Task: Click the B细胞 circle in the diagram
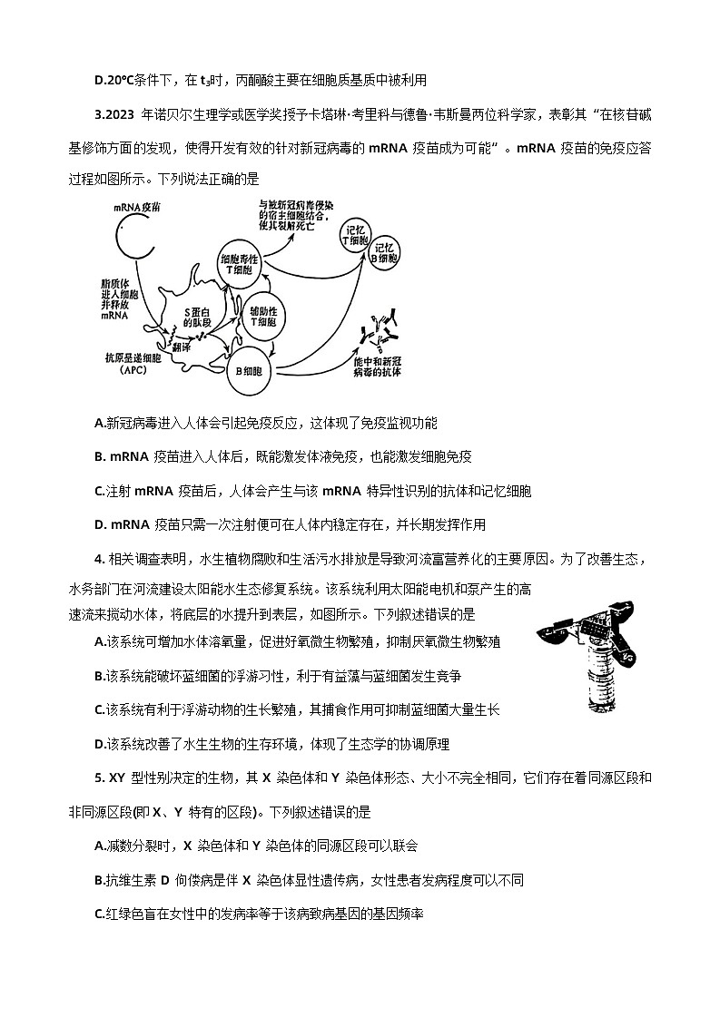tap(248, 370)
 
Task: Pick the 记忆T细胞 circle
tap(353, 239)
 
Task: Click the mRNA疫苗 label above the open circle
tap(138, 207)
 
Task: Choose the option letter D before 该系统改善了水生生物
tap(100, 744)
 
